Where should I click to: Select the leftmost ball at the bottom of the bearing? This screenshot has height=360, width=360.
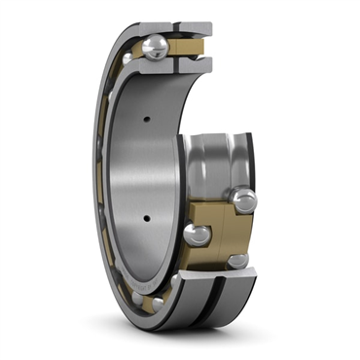pyautogui.click(x=158, y=304)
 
